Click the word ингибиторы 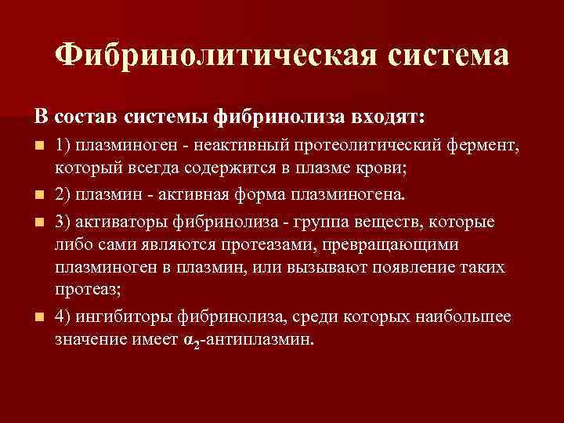(123, 317)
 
